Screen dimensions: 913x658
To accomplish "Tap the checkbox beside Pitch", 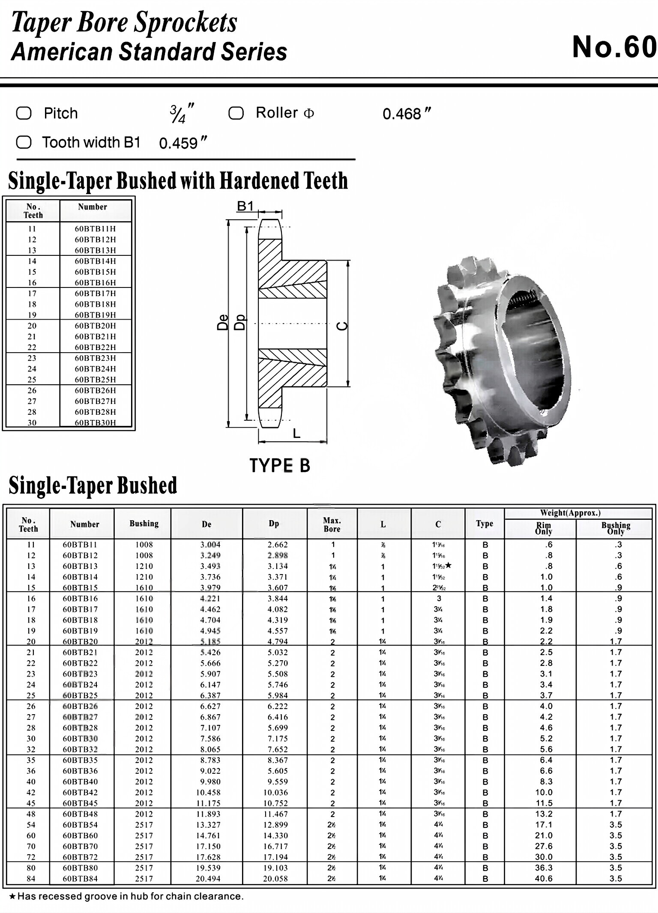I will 24,114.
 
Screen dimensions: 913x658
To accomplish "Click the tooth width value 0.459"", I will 182,143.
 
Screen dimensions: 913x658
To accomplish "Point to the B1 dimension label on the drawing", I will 245,207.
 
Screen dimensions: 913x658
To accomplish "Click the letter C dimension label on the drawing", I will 342,326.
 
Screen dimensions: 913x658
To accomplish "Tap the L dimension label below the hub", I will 296,434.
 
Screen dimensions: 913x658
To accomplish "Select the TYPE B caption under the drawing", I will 280,466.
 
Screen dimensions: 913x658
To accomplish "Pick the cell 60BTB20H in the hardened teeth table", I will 95,326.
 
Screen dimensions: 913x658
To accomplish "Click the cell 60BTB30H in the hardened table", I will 95,423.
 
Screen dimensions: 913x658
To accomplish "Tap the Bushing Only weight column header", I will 616,528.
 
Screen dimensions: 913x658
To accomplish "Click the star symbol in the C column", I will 449,566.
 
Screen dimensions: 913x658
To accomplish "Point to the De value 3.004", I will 210,545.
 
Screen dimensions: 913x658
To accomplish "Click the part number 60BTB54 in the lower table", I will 80,825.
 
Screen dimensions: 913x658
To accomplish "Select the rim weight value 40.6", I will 544,879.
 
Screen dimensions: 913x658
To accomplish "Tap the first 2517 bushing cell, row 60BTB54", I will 144,825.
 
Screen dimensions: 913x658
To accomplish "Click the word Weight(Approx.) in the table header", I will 570,513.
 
